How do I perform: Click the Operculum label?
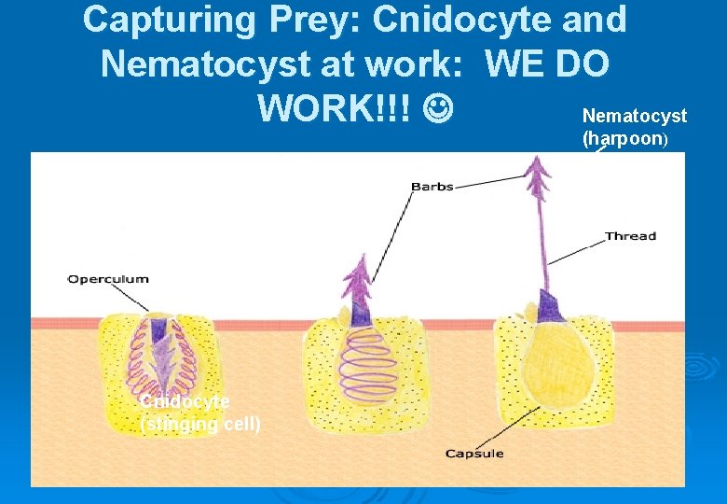click(x=107, y=279)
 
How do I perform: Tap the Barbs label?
click(x=432, y=187)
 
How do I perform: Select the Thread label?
click(x=630, y=236)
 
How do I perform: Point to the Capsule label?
click(x=473, y=454)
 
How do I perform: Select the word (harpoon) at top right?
click(x=624, y=139)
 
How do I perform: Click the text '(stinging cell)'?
click(x=200, y=425)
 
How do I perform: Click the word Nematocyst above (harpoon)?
click(x=634, y=116)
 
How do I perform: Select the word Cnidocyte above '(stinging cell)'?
click(x=185, y=401)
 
